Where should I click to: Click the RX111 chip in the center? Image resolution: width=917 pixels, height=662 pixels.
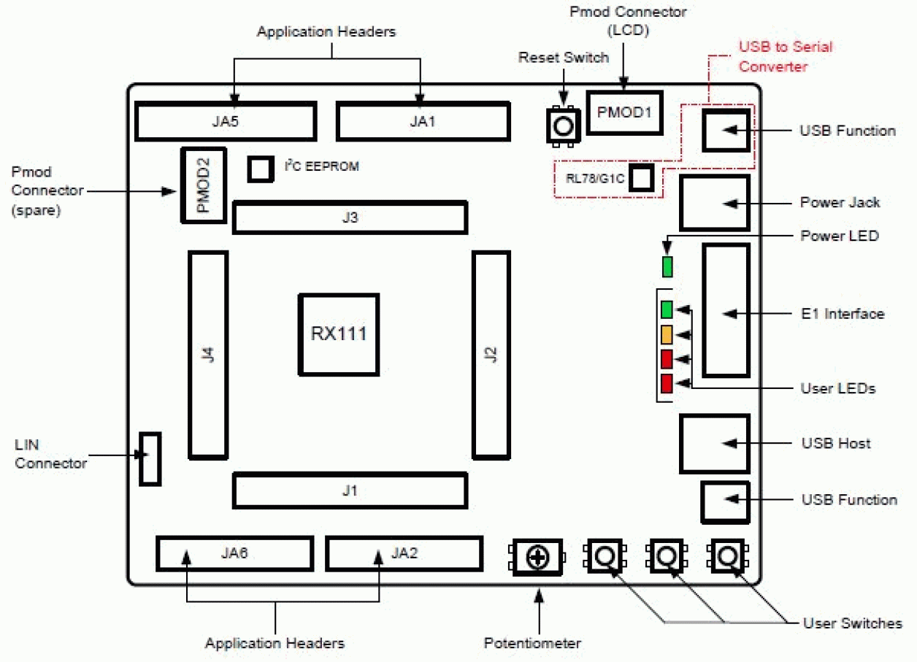[x=338, y=335]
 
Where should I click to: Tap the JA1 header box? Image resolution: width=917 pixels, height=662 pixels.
[x=423, y=121]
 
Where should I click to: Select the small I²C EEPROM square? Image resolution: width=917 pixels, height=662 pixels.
[x=259, y=169]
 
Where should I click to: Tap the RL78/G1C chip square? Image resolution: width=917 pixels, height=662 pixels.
[x=641, y=178]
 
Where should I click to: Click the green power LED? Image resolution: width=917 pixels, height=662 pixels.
[x=667, y=266]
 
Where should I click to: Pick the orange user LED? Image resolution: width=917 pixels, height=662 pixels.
[x=667, y=334]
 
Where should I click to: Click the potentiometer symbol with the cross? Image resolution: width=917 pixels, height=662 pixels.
[x=538, y=558]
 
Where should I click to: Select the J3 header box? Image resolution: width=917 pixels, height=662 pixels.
[x=349, y=218]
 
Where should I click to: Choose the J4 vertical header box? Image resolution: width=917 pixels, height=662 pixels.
[x=208, y=355]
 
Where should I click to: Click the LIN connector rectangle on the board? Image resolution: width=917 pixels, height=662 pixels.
[x=150, y=458]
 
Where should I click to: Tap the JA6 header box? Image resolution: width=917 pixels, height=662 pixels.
[x=234, y=553]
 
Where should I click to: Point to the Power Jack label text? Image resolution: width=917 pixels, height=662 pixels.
[x=840, y=202]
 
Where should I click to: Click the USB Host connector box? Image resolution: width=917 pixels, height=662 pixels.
[x=714, y=443]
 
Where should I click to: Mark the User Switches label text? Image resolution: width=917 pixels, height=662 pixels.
[x=852, y=623]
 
